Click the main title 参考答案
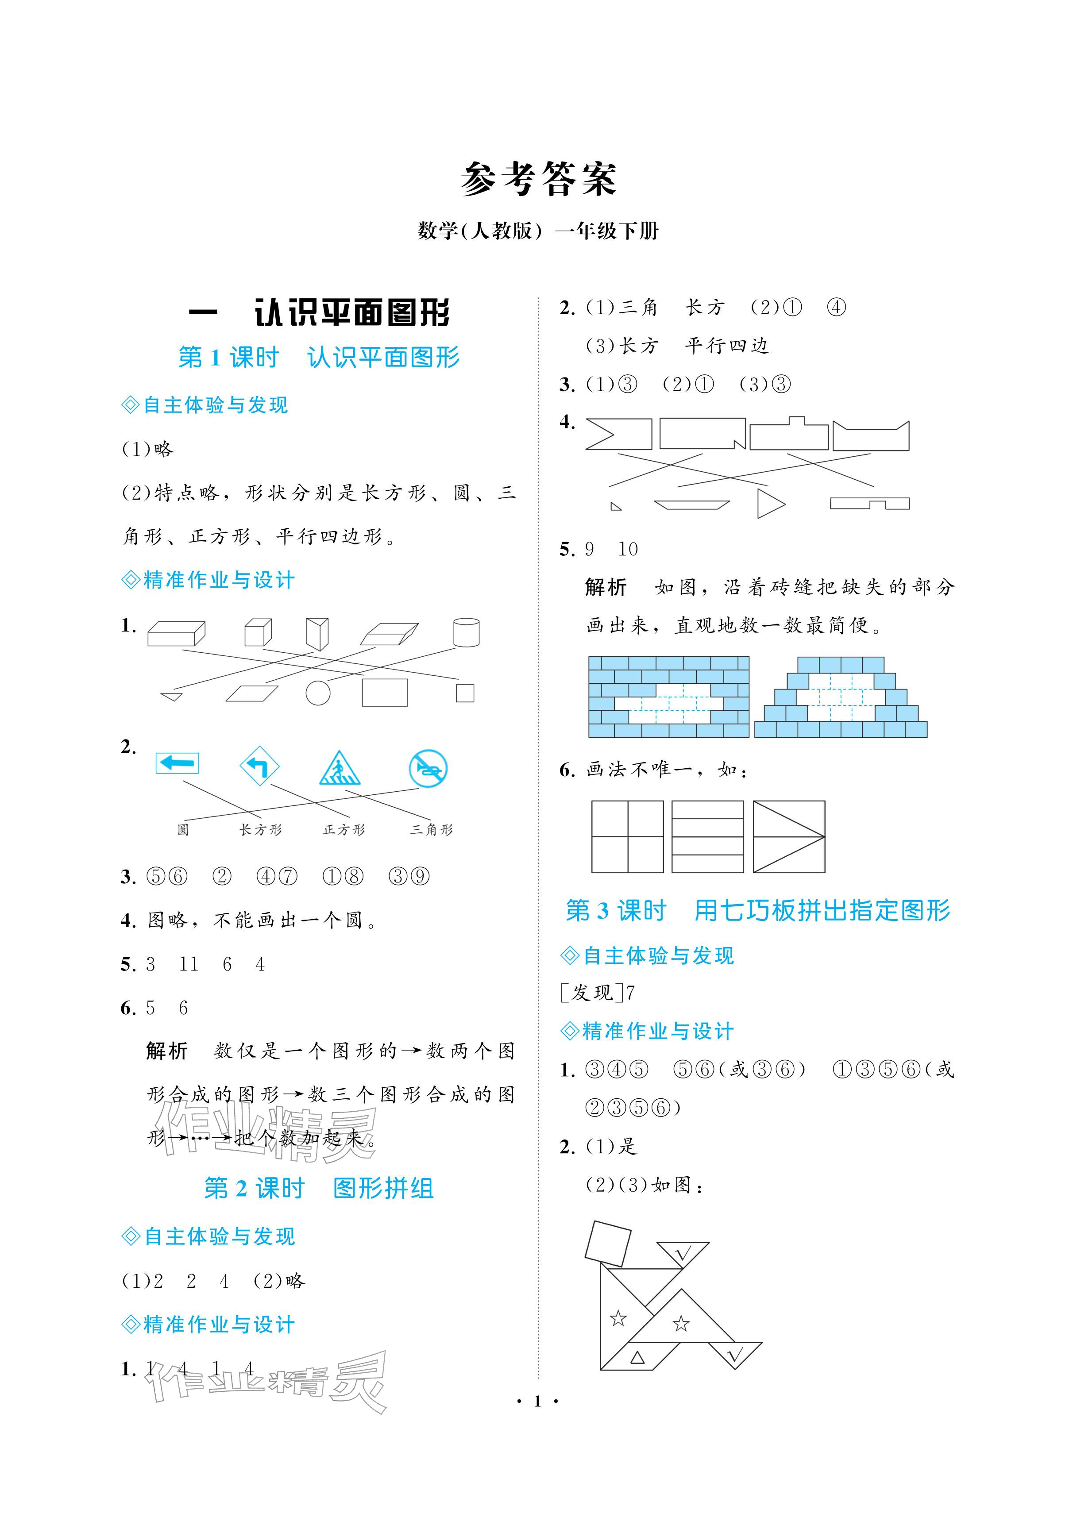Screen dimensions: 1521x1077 coord(538,179)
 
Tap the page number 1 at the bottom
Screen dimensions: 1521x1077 coord(537,1400)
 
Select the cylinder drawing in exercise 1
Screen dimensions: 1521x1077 coord(466,632)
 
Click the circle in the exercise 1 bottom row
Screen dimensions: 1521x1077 coord(318,693)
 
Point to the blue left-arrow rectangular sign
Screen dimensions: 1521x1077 coord(177,762)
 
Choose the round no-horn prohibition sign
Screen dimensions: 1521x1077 coord(428,768)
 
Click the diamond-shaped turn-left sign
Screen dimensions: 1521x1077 coord(259,766)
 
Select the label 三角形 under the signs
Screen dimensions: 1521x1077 coord(431,829)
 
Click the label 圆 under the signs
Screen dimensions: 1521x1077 coord(183,829)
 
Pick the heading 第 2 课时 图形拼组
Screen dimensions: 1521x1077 coord(318,1188)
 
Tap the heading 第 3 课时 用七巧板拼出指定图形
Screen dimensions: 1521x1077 coord(757,910)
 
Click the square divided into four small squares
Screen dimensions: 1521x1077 coord(627,836)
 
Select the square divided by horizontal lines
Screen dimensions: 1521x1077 coord(708,836)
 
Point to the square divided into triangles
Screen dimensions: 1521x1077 coord(788,836)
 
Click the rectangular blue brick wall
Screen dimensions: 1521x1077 coord(668,697)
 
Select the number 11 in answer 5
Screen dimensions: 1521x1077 coord(188,964)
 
